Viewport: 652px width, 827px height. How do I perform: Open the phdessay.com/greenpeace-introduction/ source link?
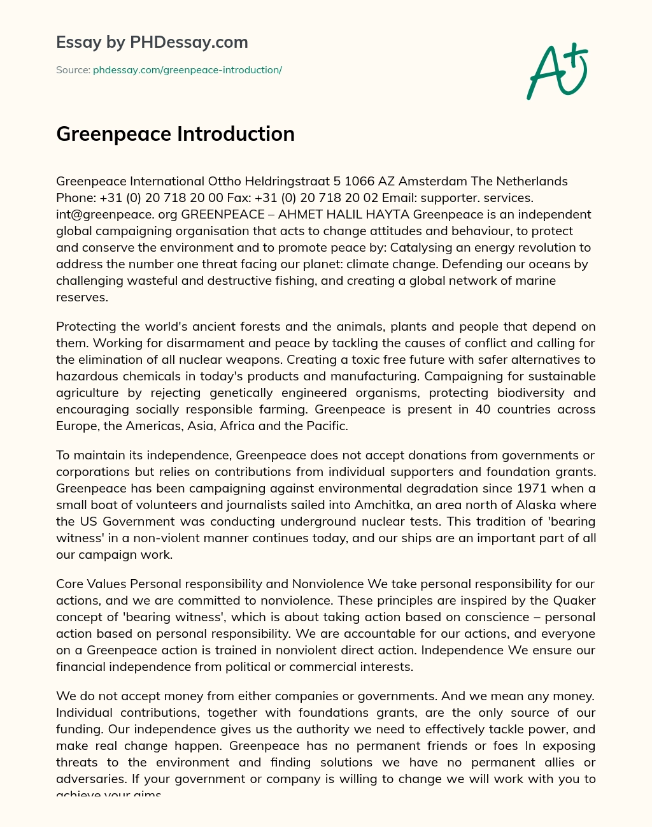pos(187,70)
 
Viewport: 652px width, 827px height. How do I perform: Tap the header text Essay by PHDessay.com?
pos(152,42)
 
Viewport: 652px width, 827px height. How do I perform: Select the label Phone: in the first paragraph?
pos(76,198)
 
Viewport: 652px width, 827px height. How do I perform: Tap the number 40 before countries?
pos(483,409)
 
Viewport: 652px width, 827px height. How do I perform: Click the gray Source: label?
pos(73,70)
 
